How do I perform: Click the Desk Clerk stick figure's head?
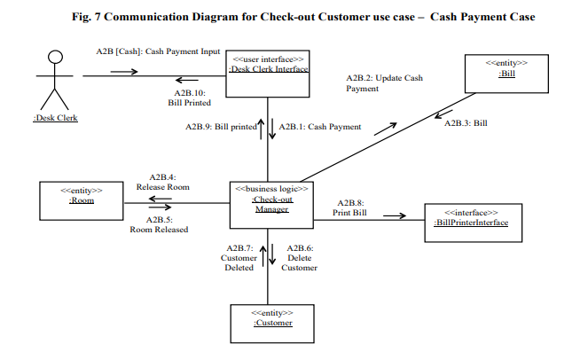(55, 58)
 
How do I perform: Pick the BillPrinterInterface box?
(471, 218)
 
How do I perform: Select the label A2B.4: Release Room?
(162, 183)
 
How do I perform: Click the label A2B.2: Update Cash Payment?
(384, 83)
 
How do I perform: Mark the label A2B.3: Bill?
(466, 122)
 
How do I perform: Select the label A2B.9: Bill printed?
(221, 127)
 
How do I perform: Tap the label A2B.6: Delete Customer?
(301, 257)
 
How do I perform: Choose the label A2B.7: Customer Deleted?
(237, 257)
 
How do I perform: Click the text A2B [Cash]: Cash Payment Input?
(158, 51)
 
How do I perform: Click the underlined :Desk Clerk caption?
(55, 118)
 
